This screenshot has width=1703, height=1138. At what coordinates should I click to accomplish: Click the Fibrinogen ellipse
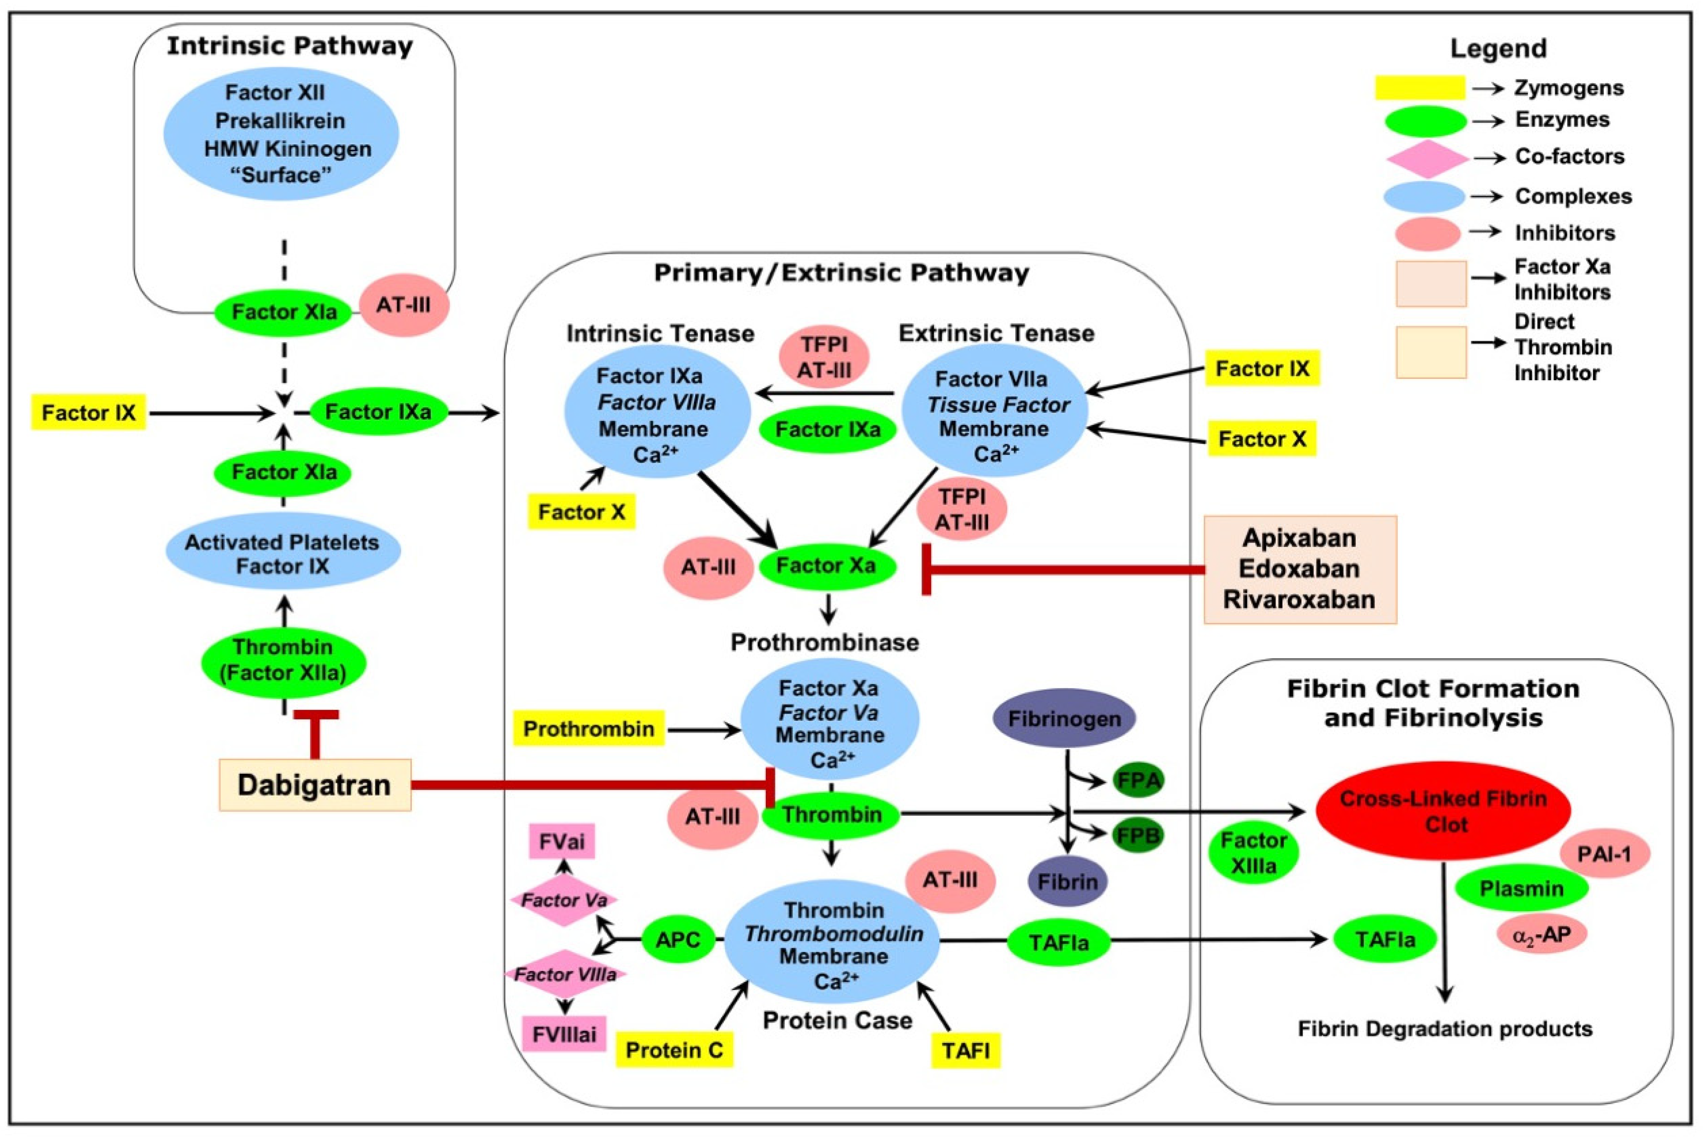pos(1064,719)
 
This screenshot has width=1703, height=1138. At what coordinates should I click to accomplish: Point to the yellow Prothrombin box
pos(589,728)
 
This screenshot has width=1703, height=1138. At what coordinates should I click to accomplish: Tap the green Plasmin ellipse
pos(1521,888)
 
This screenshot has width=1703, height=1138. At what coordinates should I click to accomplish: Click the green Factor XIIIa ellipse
pos(1254,853)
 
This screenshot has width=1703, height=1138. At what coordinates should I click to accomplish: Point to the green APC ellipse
pos(678,940)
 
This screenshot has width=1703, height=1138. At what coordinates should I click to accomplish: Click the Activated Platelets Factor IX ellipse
pos(283,554)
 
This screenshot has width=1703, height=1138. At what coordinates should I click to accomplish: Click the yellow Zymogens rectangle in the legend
pos(1420,88)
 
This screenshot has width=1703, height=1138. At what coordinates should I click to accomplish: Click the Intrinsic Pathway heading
pos(290,46)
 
